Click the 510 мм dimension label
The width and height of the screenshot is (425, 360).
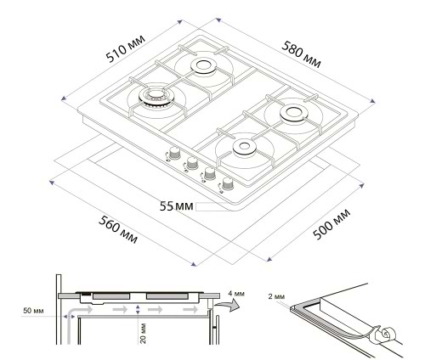(126, 48)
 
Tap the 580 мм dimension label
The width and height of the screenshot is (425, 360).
(302, 55)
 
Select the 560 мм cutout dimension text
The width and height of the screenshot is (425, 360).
(118, 229)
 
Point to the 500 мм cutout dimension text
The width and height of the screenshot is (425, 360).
(331, 224)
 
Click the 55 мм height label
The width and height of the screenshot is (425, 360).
(176, 206)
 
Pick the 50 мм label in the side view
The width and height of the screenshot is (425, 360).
(33, 311)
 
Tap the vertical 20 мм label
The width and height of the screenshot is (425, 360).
(143, 334)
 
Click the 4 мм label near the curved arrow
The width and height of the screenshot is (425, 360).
(236, 294)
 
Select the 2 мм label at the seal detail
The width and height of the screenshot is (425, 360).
(276, 296)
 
